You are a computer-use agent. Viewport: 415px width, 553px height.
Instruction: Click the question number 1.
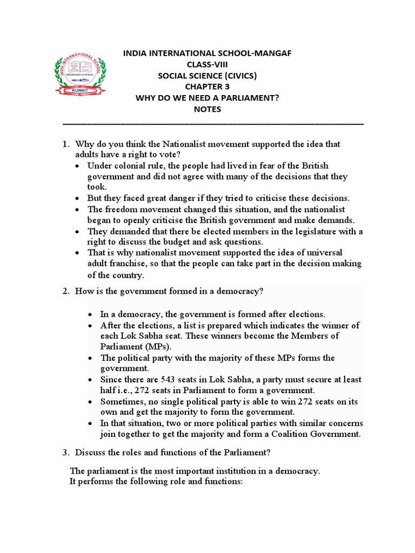tap(65, 145)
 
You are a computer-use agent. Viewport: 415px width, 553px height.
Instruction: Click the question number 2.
tap(65, 292)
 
